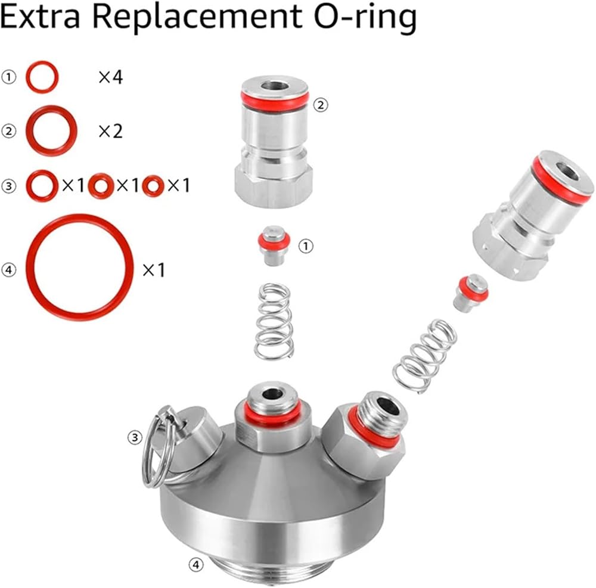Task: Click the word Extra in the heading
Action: click(x=39, y=18)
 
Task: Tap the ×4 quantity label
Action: click(x=111, y=77)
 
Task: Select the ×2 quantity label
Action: click(x=111, y=131)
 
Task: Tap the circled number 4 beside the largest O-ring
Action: click(x=9, y=270)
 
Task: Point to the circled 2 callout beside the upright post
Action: click(x=321, y=104)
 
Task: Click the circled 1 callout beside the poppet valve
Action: click(x=306, y=247)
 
